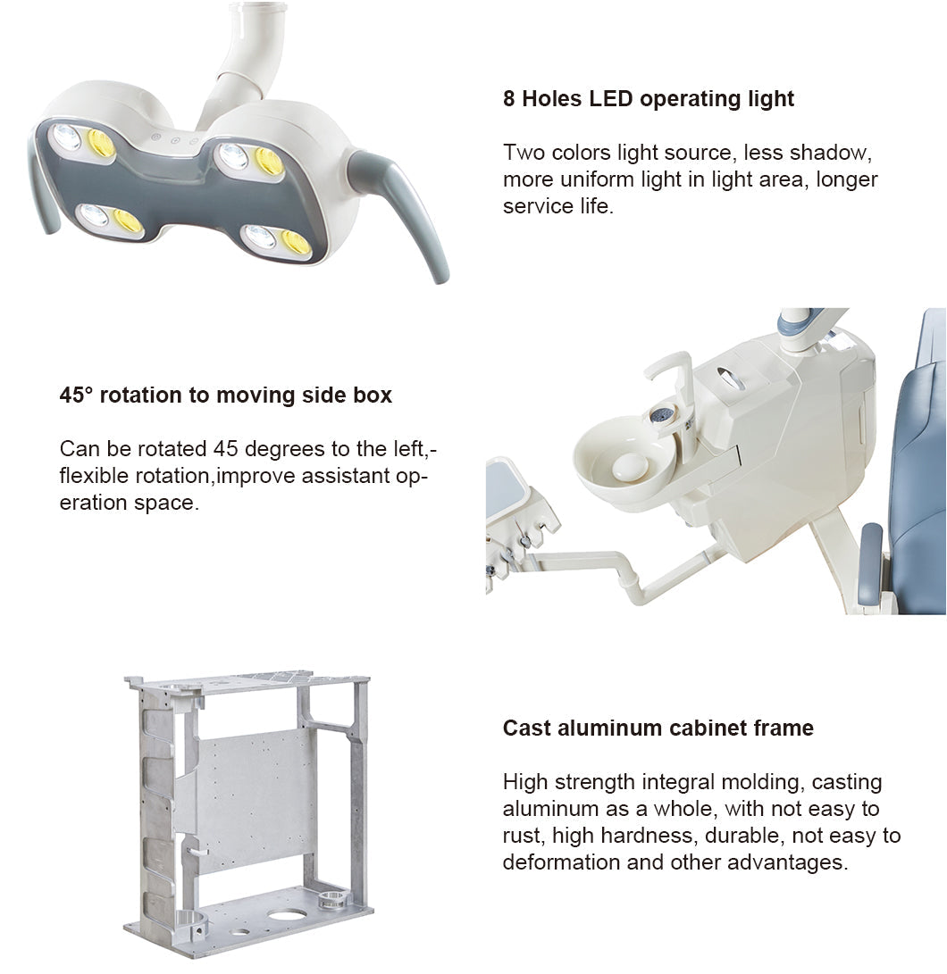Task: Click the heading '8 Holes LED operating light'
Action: (x=648, y=99)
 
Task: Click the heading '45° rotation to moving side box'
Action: (x=225, y=395)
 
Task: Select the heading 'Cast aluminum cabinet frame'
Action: (x=658, y=728)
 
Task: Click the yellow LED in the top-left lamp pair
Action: (x=100, y=143)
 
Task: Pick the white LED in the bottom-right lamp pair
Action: (x=261, y=237)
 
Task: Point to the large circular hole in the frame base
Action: (x=287, y=915)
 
